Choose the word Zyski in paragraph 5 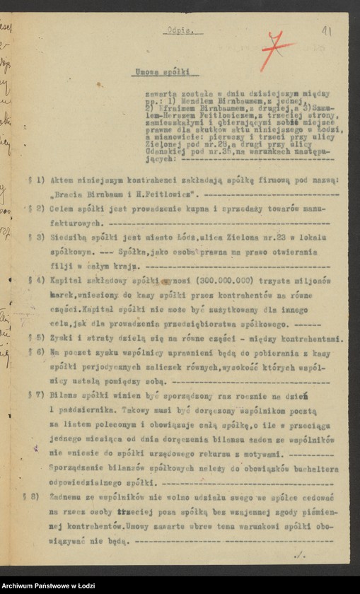(x=62, y=339)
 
